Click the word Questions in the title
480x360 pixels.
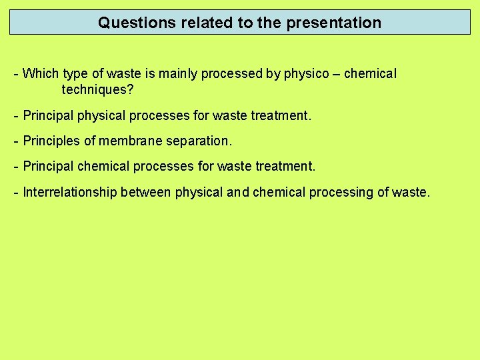click(x=130, y=23)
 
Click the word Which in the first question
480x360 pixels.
click(x=41, y=74)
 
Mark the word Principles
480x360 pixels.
click(x=51, y=141)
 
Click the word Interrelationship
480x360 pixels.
click(x=70, y=193)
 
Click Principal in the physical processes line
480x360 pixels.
click(x=49, y=116)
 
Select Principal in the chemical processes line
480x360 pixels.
click(x=49, y=167)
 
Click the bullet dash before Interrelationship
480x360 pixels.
click(x=16, y=193)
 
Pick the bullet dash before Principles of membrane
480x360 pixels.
click(x=16, y=141)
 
